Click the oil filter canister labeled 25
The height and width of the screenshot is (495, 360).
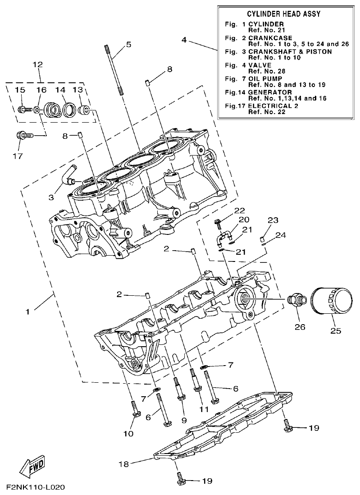333,306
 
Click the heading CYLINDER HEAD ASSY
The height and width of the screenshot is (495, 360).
284,14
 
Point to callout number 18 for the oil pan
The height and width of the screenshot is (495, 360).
123,463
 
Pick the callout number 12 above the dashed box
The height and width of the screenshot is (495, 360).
37,64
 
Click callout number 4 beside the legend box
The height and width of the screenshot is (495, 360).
184,40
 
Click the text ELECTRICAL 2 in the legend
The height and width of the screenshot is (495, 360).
273,106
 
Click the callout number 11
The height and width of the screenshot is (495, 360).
204,409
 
